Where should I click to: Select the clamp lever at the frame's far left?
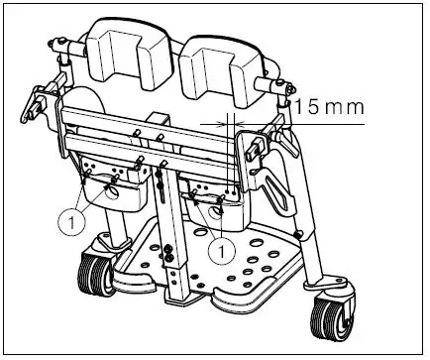pos(40,100)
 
